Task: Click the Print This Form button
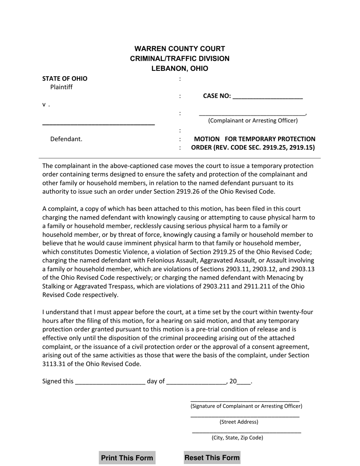tap(127, 458)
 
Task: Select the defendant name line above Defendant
tap(98, 124)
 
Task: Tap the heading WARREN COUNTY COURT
tap(180, 49)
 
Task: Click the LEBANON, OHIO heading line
tap(180, 69)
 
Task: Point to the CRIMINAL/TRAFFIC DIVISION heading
tap(180, 59)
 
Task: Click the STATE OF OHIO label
tap(65, 79)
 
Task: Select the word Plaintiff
tap(61, 87)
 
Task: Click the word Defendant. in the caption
tap(66, 139)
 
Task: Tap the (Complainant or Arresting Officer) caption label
tap(253, 120)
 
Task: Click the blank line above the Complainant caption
tap(252, 113)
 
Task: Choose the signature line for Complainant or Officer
tap(245, 400)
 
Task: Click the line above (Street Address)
tap(245, 416)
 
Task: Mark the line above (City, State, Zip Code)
tap(247, 432)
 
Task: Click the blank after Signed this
tap(110, 382)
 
